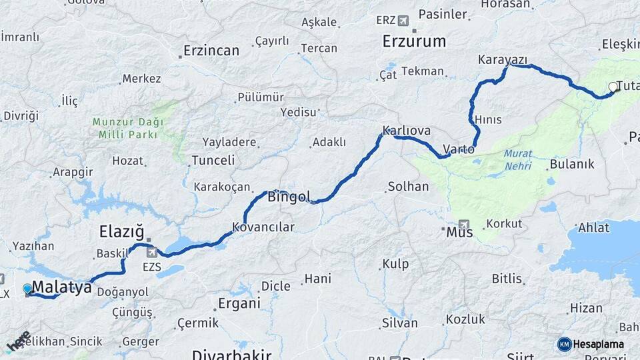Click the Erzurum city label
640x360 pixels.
[414, 41]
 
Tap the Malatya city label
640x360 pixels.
[61, 287]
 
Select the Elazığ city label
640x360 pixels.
[121, 232]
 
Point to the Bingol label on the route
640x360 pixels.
[289, 197]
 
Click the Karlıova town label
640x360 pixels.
[407, 130]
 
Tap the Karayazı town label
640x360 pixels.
[503, 60]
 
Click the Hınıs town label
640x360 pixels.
[488, 119]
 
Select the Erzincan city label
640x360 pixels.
[211, 51]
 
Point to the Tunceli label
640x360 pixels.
[213, 160]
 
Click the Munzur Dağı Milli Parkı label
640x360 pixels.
[125, 128]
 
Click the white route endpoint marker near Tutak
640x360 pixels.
[613, 87]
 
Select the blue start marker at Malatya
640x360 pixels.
[27, 289]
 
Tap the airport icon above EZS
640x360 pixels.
[153, 253]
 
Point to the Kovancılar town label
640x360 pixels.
[263, 227]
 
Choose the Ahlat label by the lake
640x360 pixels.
[593, 228]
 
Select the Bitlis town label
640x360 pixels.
[507, 278]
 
